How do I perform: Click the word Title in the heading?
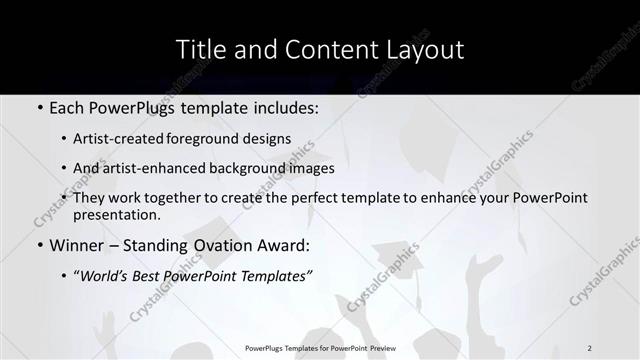[200, 49]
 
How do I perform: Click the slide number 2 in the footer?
[589, 348]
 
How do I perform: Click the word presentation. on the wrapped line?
[116, 214]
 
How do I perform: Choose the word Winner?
[76, 245]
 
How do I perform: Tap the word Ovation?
[208, 245]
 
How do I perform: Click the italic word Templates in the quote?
[266, 276]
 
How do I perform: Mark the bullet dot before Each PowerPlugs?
[40, 107]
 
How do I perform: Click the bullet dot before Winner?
[40, 245]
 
